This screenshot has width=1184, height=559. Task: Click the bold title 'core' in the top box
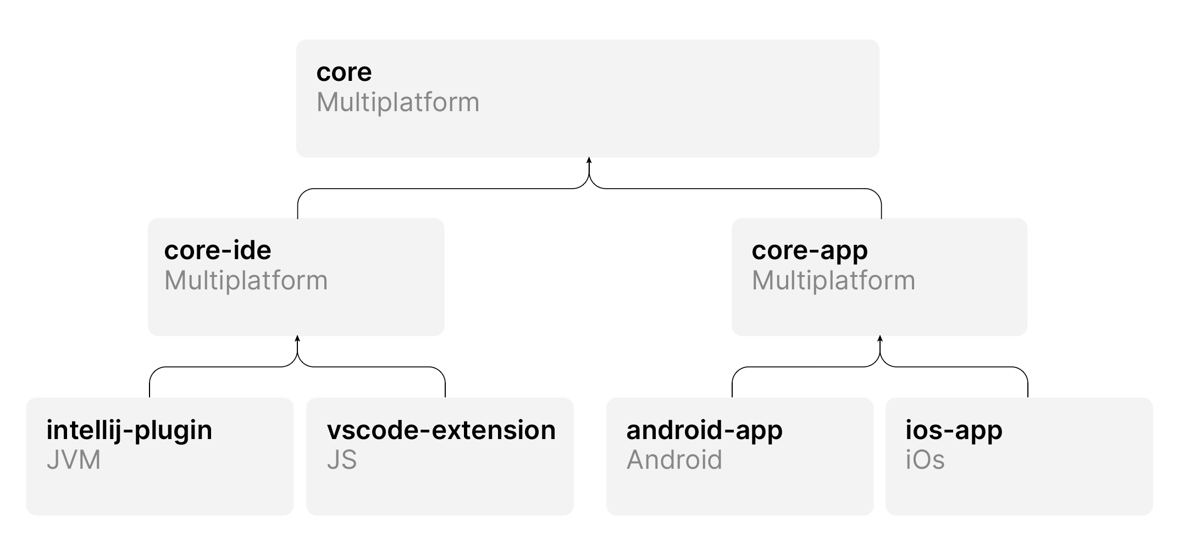tap(344, 73)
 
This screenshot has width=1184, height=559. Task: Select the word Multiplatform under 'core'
tap(398, 103)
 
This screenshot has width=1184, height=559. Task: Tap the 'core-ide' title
tap(218, 250)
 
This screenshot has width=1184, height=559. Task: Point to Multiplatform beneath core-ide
tap(246, 281)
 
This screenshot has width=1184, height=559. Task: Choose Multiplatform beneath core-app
tap(833, 281)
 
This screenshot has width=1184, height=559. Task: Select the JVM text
tap(74, 460)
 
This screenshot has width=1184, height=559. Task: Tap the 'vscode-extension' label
tap(441, 430)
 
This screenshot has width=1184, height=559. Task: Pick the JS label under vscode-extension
tap(342, 460)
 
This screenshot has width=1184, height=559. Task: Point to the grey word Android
tap(674, 460)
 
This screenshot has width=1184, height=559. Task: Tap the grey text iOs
tap(925, 460)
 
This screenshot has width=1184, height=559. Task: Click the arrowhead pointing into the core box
tap(589, 161)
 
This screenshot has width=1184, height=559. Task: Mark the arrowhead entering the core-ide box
tap(297, 339)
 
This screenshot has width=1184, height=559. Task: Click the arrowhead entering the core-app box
tap(880, 339)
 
